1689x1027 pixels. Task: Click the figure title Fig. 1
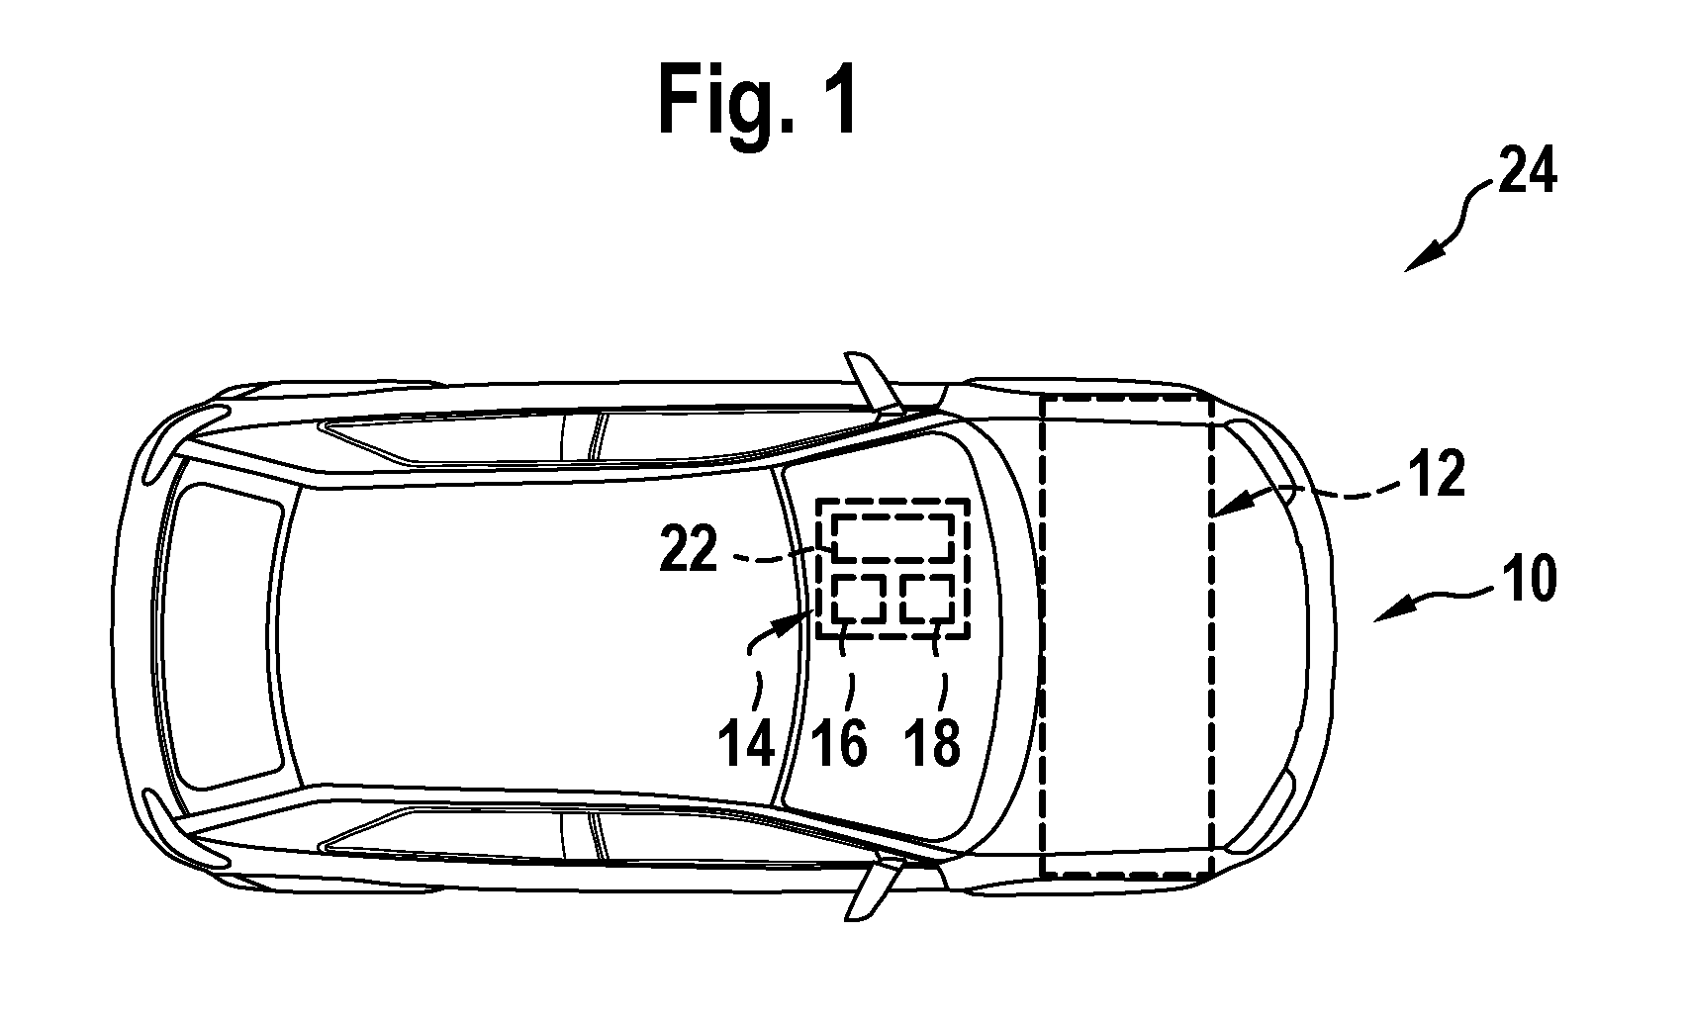(757, 100)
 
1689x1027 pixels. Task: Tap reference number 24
(1527, 171)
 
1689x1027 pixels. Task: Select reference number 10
(1528, 579)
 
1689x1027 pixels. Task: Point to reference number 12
(1437, 474)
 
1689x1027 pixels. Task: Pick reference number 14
(746, 743)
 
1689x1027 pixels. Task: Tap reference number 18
(933, 743)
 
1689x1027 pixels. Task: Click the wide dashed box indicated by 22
(893, 516)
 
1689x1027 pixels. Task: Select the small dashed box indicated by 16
(859, 577)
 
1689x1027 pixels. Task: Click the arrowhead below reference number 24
(1419, 260)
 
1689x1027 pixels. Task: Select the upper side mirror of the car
(872, 380)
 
